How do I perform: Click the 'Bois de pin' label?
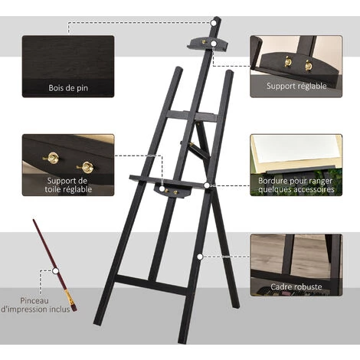68,88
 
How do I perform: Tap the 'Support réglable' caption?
296,86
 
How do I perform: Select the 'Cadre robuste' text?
296,286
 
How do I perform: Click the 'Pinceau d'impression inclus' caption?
35,305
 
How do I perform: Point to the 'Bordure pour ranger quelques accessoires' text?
296,185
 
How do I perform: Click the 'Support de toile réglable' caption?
68,185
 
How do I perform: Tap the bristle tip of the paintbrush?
74,309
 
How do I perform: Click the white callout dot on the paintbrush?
55,270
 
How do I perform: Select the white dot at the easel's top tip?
214,23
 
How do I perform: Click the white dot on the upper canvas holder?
214,44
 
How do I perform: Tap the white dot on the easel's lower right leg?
200,257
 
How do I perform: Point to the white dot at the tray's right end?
207,185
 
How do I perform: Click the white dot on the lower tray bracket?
162,189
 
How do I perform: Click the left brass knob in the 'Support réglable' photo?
288,61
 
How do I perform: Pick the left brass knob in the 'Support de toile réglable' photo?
52,159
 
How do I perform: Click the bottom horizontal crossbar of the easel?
151,285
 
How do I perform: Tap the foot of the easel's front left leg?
98,322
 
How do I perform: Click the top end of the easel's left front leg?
178,70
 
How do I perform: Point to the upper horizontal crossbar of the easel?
192,116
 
